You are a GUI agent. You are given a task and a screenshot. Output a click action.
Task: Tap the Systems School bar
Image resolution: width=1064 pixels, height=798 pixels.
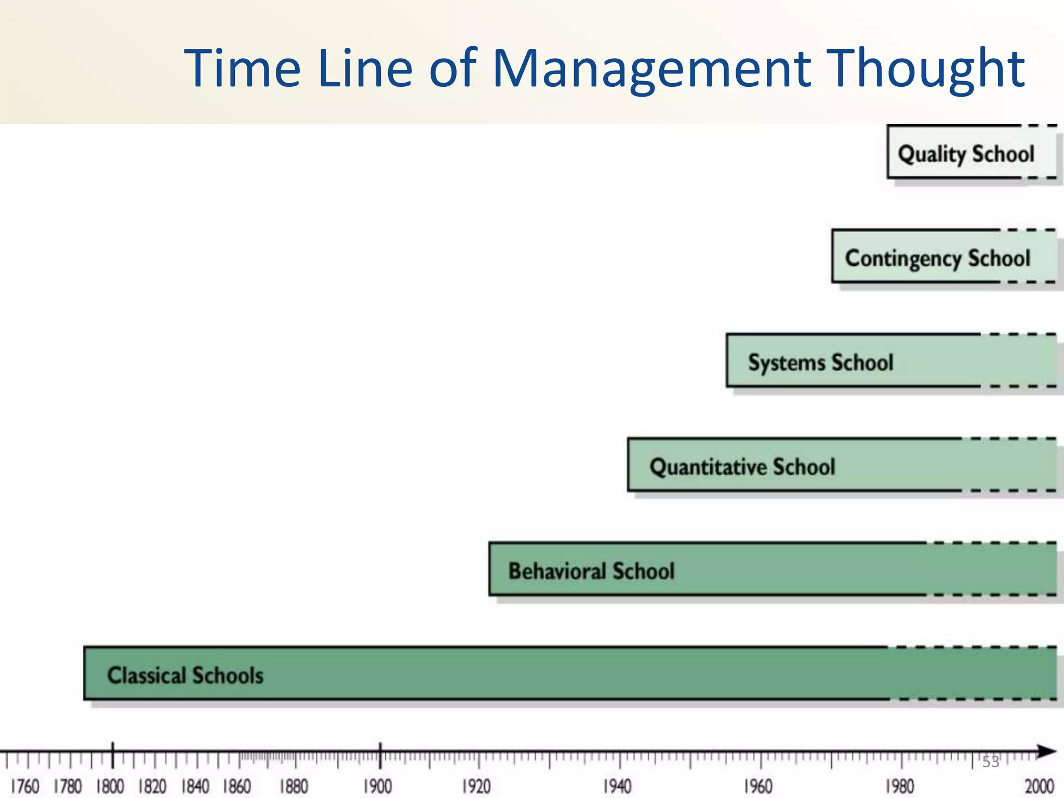click(890, 361)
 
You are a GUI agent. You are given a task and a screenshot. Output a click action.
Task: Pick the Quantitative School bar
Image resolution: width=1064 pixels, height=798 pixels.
click(841, 465)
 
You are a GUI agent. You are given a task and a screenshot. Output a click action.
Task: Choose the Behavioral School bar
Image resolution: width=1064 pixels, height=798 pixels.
click(772, 569)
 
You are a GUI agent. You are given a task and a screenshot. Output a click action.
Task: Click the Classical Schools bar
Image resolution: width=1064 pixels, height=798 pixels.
click(569, 674)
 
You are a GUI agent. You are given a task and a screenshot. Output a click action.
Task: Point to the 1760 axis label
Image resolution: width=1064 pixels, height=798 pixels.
click(24, 786)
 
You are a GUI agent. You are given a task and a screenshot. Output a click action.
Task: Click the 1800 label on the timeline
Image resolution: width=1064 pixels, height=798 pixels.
click(110, 786)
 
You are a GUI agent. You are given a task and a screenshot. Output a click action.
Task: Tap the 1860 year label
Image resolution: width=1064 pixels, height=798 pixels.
click(237, 786)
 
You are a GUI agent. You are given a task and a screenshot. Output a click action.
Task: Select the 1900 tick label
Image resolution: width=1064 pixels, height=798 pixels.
click(378, 786)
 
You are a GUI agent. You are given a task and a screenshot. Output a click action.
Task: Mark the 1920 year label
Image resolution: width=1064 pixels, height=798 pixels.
click(476, 786)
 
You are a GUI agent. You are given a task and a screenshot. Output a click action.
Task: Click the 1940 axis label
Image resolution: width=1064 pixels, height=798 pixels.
click(617, 786)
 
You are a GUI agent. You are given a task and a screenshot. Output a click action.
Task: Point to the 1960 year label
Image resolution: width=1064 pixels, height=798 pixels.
click(758, 786)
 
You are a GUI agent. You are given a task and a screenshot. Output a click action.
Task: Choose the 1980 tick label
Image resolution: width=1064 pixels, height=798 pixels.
click(899, 786)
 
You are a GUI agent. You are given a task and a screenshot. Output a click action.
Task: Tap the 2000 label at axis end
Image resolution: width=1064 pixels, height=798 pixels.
click(1039, 786)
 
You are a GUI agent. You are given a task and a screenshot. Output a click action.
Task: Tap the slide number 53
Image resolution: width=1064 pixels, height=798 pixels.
click(990, 762)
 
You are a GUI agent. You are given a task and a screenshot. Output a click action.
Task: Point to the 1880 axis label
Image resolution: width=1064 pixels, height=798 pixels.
click(294, 786)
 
